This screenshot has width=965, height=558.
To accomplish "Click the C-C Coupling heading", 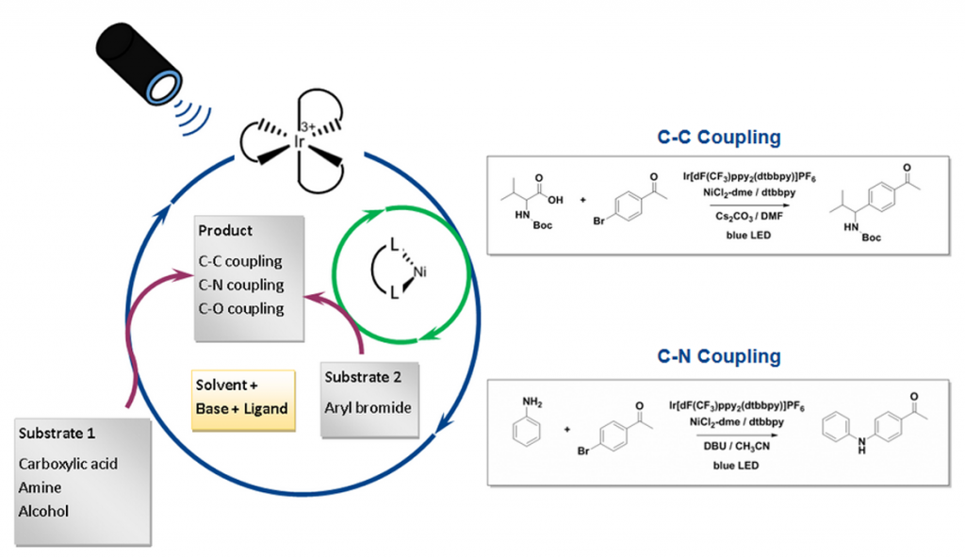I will [719, 138].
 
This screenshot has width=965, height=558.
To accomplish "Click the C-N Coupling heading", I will [719, 356].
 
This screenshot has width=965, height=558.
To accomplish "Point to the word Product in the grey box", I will [225, 231].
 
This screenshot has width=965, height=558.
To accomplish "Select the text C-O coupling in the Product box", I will [240, 308].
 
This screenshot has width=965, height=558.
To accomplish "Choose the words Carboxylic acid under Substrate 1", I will [68, 463].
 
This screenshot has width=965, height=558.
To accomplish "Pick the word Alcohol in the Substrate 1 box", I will [43, 511].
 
